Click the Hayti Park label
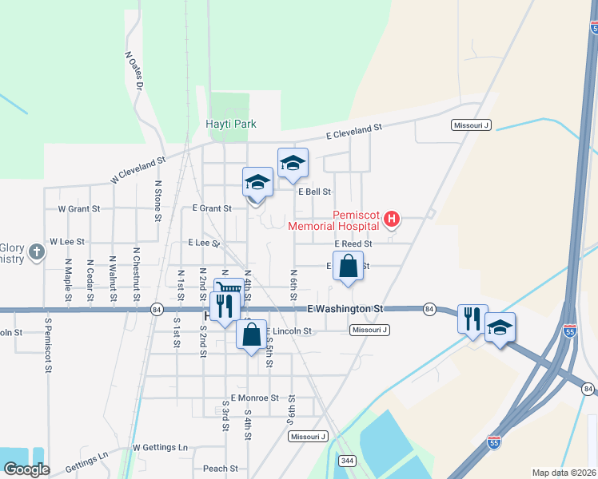pos(230,124)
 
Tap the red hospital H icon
pos(392,218)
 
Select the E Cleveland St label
pos(355,131)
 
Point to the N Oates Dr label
pos(134,69)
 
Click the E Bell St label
pos(314,192)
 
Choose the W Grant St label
pos(79,208)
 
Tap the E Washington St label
pos(346,308)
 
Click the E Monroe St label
pos(254,398)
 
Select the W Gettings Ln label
pos(160,447)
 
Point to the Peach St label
pos(221,469)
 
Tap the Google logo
pos(26,469)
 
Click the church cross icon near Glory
pos(36,253)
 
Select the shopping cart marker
pos(229,289)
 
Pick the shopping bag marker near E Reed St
pos(349,265)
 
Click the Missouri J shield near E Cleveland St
pos(471,125)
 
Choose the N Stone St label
pos(158,200)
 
